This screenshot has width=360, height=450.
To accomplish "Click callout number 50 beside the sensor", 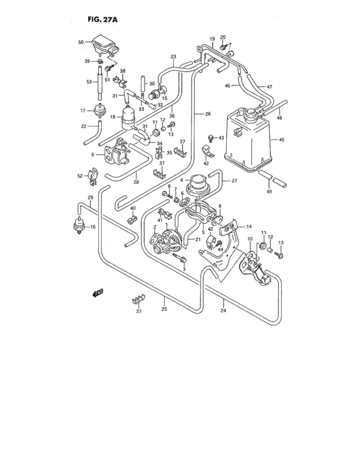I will click(81, 42).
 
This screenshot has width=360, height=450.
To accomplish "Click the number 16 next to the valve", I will click(93, 228).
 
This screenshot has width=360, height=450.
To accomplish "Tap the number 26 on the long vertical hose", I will click(208, 114).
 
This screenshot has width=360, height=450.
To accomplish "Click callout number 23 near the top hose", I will click(173, 57).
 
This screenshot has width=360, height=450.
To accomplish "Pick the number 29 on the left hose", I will click(91, 197).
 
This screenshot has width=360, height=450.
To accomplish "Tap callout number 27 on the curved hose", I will click(234, 181).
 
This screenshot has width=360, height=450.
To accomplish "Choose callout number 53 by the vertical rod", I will click(89, 82).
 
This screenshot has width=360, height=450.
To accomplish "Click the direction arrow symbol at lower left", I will click(97, 293).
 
